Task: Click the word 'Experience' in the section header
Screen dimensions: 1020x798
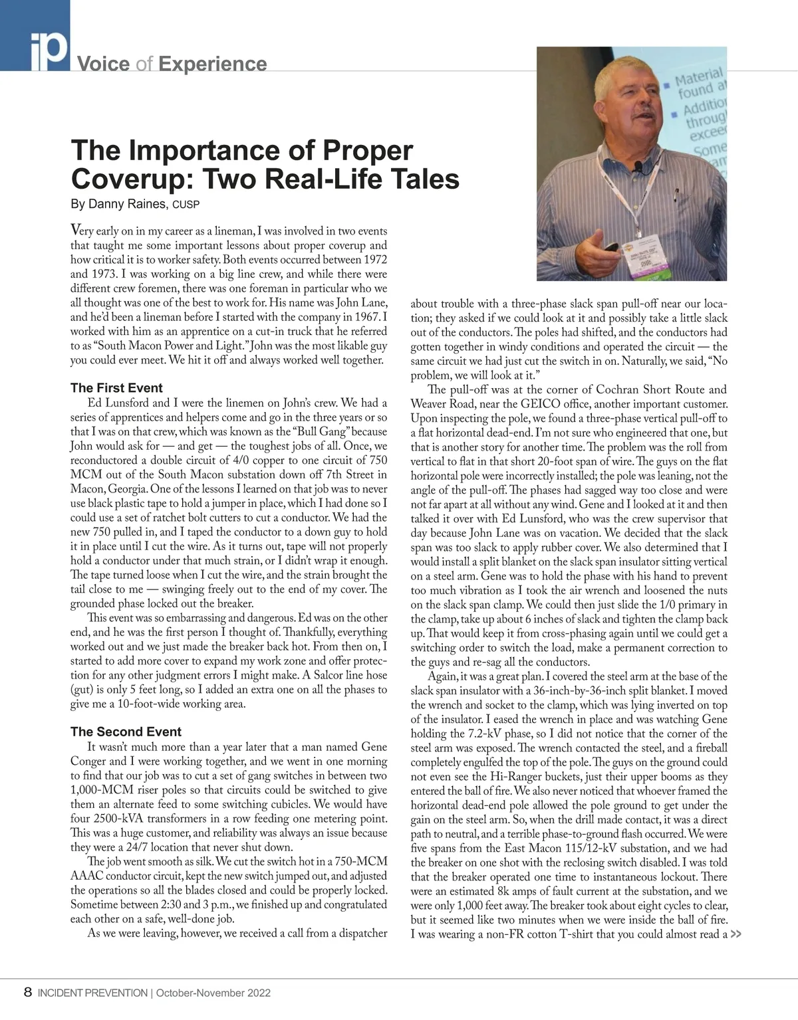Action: (213, 64)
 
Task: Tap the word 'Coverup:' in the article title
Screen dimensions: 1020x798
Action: (132, 179)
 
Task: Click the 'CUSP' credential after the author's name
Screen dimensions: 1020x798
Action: (186, 205)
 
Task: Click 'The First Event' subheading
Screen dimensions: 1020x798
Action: (116, 388)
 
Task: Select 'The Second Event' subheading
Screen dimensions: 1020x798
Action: (126, 732)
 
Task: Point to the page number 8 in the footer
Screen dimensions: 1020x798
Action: (27, 993)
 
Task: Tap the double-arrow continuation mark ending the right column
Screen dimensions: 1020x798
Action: (735, 934)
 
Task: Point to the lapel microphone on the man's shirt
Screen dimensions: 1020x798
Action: (638, 166)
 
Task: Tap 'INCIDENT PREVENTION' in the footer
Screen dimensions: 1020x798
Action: (92, 993)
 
